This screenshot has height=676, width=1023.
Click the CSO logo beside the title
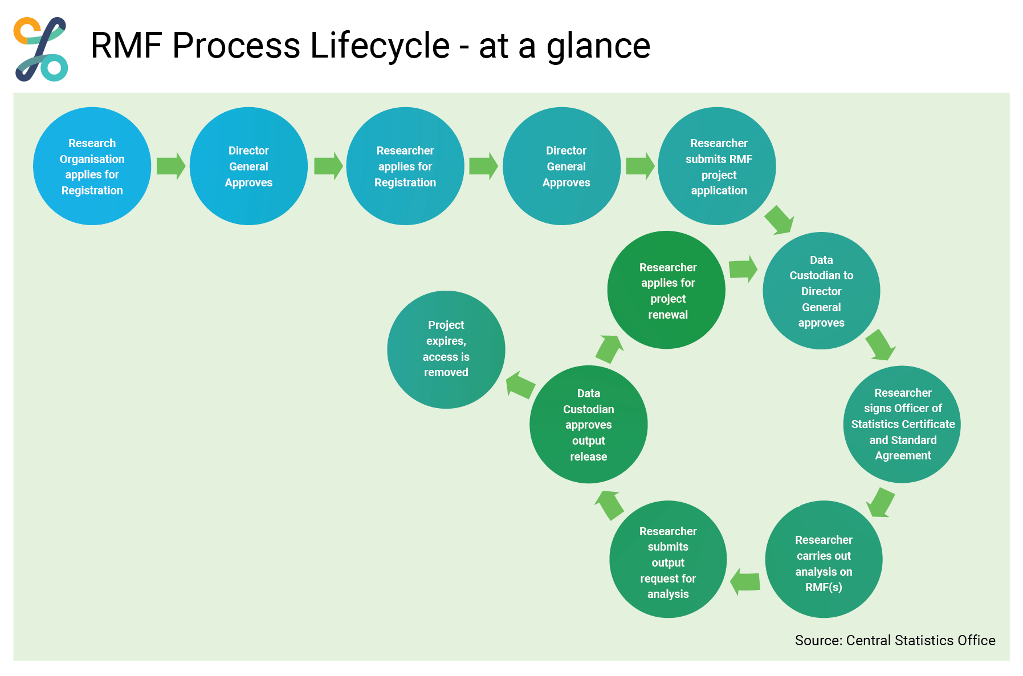point(41,49)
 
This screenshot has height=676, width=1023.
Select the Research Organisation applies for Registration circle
point(92,166)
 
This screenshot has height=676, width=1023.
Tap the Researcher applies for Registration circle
point(405,166)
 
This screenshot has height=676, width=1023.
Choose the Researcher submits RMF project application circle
point(717,166)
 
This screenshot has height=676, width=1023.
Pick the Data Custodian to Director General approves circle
point(821,291)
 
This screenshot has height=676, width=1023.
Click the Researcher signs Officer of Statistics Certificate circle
point(902,424)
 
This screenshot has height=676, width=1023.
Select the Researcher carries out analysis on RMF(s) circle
point(824,559)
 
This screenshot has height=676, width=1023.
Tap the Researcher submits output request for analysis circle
point(668,559)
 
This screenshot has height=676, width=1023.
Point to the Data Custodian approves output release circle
point(589,424)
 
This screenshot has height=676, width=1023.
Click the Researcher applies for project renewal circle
point(666,290)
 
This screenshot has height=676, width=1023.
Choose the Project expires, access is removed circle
point(446,349)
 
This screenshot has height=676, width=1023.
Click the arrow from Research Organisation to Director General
point(171,166)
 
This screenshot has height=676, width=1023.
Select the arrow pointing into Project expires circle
point(520,385)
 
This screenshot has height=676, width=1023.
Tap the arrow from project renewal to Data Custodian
point(743,268)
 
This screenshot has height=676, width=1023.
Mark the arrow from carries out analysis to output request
point(745,582)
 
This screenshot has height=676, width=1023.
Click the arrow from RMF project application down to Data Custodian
point(779,220)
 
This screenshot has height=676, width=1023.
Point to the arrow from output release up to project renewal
point(609,349)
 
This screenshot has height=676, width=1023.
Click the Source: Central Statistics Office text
point(895,641)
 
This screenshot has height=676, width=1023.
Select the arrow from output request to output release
point(609,505)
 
